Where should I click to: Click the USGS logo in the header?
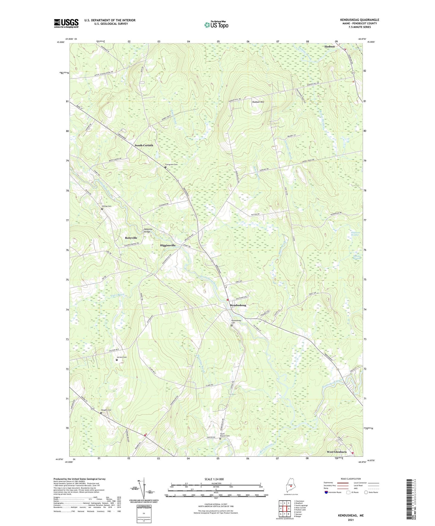[66, 23]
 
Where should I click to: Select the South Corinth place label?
[144, 146]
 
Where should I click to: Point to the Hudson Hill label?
[258, 102]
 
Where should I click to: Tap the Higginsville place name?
[167, 246]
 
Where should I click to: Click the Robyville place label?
[131, 238]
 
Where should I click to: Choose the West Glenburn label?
[337, 452]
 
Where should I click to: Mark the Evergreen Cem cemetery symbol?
[165, 167]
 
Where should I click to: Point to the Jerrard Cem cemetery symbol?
[117, 360]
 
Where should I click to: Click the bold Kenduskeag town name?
[238, 305]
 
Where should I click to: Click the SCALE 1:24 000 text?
[214, 479]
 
